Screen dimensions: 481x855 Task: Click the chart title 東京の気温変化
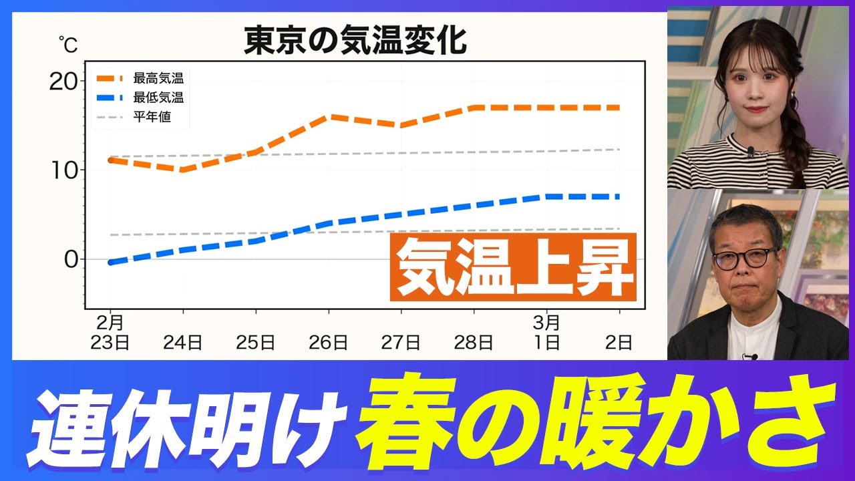(x=355, y=41)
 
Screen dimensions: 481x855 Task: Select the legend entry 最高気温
(x=158, y=78)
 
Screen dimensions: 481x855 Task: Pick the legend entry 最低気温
(x=158, y=98)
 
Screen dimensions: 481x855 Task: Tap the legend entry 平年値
(x=152, y=117)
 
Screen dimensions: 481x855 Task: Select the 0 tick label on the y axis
(x=71, y=259)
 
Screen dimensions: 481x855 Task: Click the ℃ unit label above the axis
(x=68, y=45)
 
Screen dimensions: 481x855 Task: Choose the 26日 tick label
(x=328, y=343)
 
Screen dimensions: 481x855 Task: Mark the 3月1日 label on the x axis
(x=546, y=333)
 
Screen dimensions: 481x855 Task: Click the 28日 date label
(x=474, y=343)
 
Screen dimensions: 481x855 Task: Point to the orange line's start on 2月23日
(x=110, y=160)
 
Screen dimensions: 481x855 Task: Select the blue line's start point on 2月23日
(x=110, y=263)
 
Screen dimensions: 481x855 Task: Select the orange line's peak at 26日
(x=329, y=117)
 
